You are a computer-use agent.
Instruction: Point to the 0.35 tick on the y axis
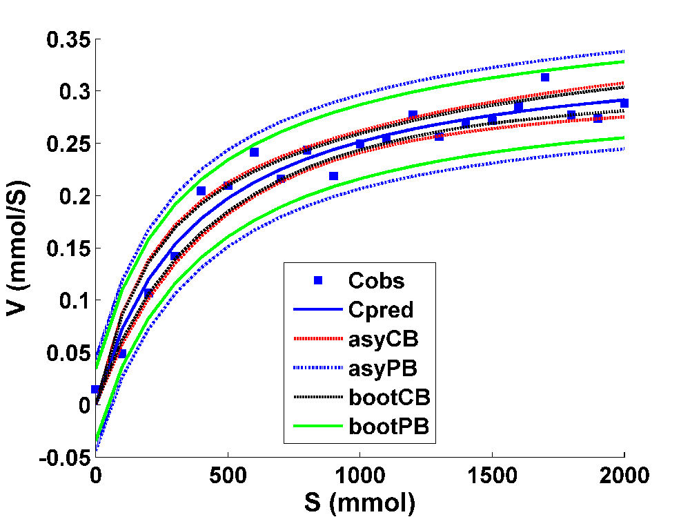pos(68,39)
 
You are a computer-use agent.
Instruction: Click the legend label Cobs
pos(376,280)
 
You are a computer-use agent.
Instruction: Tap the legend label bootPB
pos(390,427)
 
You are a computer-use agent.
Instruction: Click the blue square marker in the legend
pos(318,280)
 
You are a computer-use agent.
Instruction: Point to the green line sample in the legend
pos(318,427)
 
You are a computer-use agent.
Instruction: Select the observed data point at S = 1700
pos(545,77)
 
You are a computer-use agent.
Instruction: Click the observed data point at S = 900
pos(333,176)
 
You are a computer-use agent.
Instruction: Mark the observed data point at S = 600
pos(254,152)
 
